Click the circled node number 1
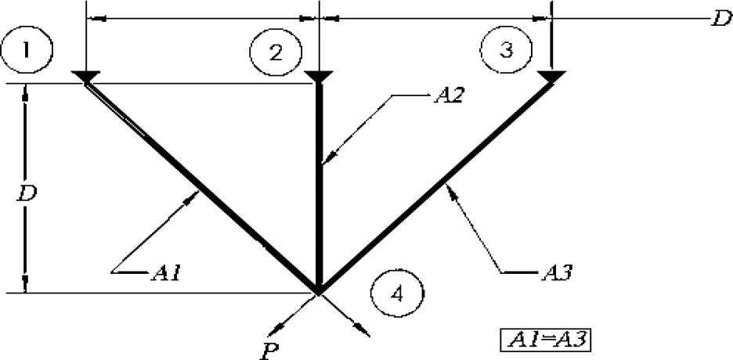click(x=27, y=50)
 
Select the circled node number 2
click(x=276, y=52)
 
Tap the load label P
click(x=269, y=345)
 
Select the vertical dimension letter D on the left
click(x=26, y=192)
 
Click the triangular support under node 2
click(x=318, y=76)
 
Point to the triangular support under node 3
click(x=551, y=76)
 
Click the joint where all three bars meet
click(x=319, y=291)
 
